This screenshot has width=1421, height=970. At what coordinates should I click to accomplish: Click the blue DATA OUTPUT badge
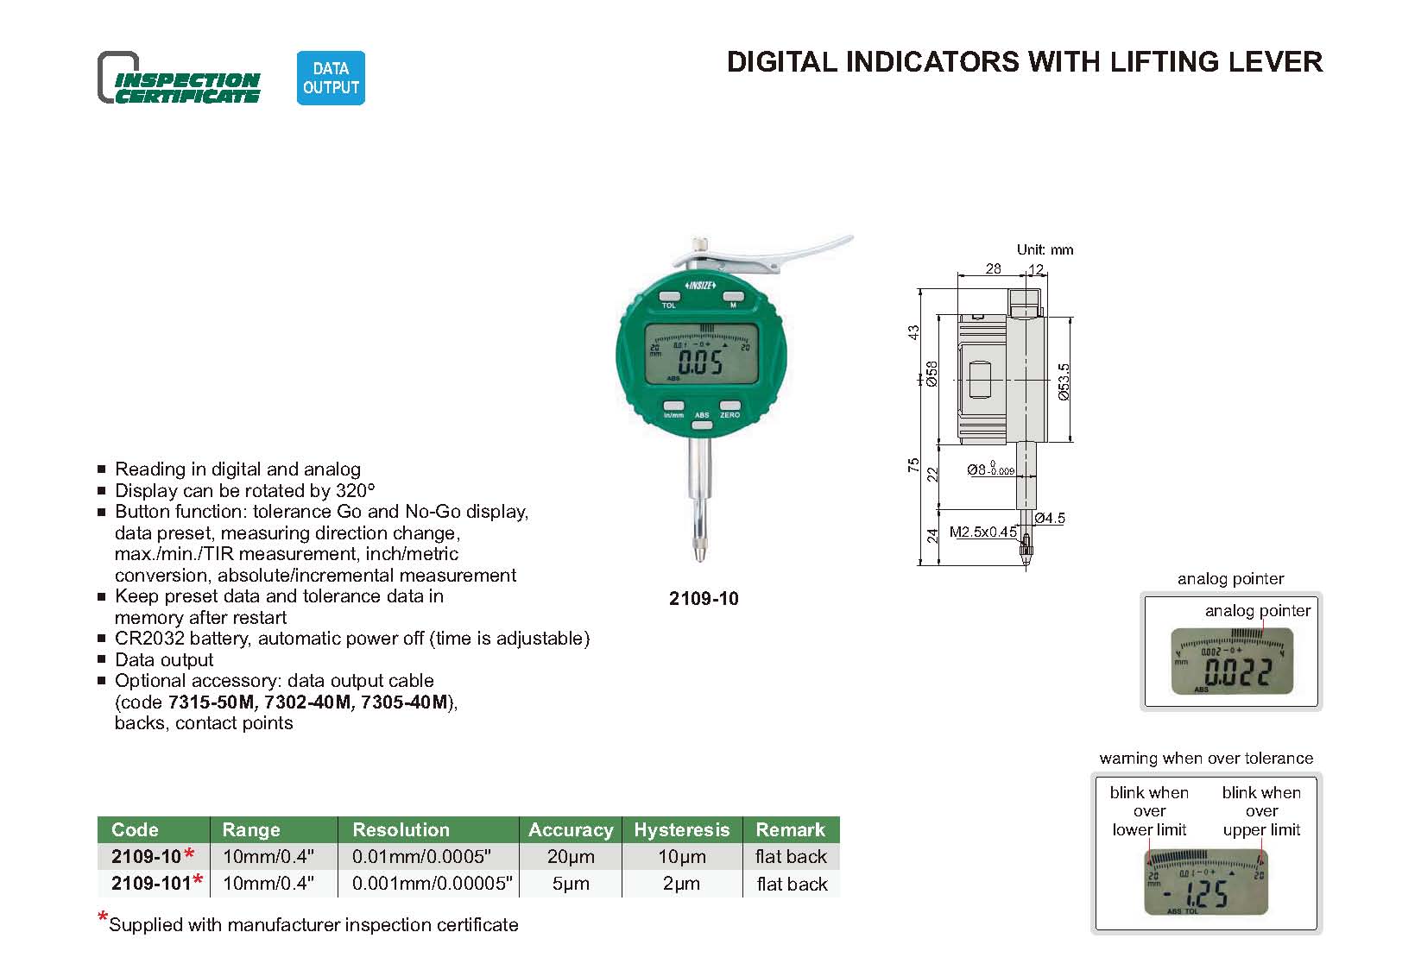pos(331,78)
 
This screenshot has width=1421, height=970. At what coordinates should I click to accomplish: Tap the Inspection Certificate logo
pos(179,79)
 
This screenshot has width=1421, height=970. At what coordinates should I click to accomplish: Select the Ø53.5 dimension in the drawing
pos(1064,381)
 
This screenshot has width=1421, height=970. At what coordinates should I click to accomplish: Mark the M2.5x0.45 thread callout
pos(982,532)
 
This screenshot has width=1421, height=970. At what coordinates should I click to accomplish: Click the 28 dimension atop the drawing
pos(993,268)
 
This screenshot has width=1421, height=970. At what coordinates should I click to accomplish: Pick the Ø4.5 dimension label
pos(1050,518)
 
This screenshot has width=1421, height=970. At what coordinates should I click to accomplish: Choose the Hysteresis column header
pos(681,829)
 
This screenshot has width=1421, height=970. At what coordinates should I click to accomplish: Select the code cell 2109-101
pos(151,884)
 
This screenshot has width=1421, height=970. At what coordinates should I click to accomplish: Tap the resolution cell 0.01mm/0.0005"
pos(421,857)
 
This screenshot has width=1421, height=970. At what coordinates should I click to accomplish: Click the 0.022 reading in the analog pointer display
pos(1237,672)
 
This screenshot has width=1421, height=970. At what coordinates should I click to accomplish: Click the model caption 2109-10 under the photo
pos(704,599)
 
